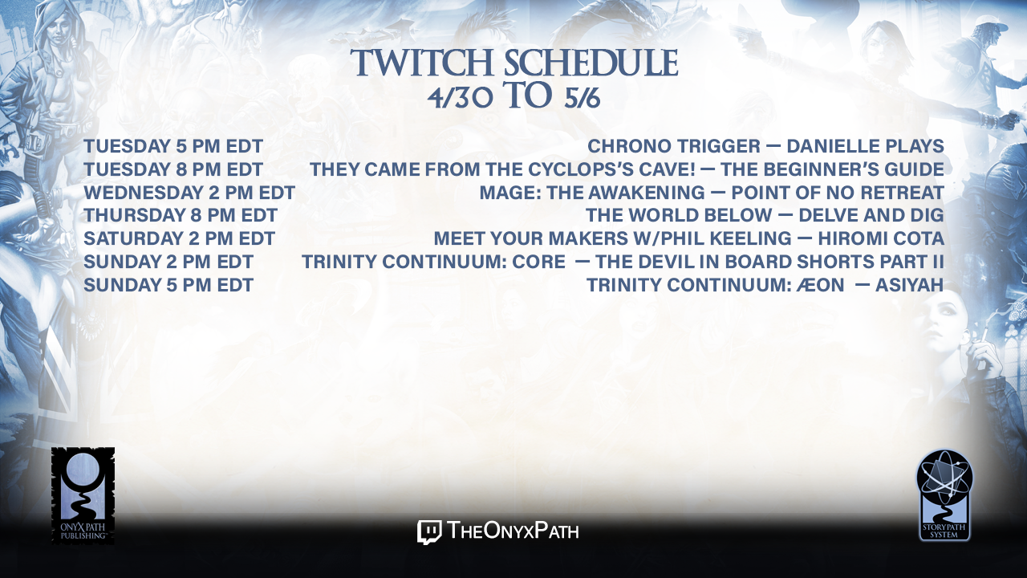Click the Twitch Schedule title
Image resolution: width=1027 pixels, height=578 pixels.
pyautogui.click(x=514, y=63)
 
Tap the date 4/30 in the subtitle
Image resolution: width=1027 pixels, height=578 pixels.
pyautogui.click(x=460, y=98)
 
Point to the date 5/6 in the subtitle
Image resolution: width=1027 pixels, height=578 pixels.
pyautogui.click(x=582, y=98)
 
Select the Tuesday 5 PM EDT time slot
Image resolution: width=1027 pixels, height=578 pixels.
pyautogui.click(x=173, y=146)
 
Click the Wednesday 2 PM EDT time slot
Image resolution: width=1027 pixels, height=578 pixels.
pyautogui.click(x=189, y=193)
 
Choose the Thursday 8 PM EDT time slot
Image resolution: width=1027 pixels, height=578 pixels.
pyautogui.click(x=181, y=216)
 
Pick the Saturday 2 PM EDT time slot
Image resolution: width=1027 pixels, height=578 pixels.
pyautogui.click(x=179, y=238)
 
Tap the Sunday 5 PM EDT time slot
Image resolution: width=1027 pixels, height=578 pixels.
pyautogui.click(x=168, y=285)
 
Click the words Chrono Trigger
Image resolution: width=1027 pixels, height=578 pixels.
pyautogui.click(x=673, y=146)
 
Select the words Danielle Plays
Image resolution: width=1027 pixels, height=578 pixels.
pyautogui.click(x=865, y=146)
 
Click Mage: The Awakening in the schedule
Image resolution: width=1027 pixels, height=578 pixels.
pyautogui.click(x=592, y=193)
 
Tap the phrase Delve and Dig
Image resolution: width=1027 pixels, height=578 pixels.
pyautogui.click(x=871, y=216)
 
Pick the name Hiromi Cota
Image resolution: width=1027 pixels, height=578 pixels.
pyautogui.click(x=881, y=238)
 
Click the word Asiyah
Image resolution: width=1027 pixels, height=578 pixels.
pyautogui.click(x=910, y=285)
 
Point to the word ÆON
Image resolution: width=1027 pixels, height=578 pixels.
pyautogui.click(x=820, y=285)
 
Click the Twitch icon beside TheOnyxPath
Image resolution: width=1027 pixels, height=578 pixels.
pyautogui.click(x=429, y=531)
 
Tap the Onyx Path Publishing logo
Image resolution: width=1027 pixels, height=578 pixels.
pyautogui.click(x=83, y=495)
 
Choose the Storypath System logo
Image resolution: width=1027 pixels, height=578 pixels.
pyautogui.click(x=944, y=495)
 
